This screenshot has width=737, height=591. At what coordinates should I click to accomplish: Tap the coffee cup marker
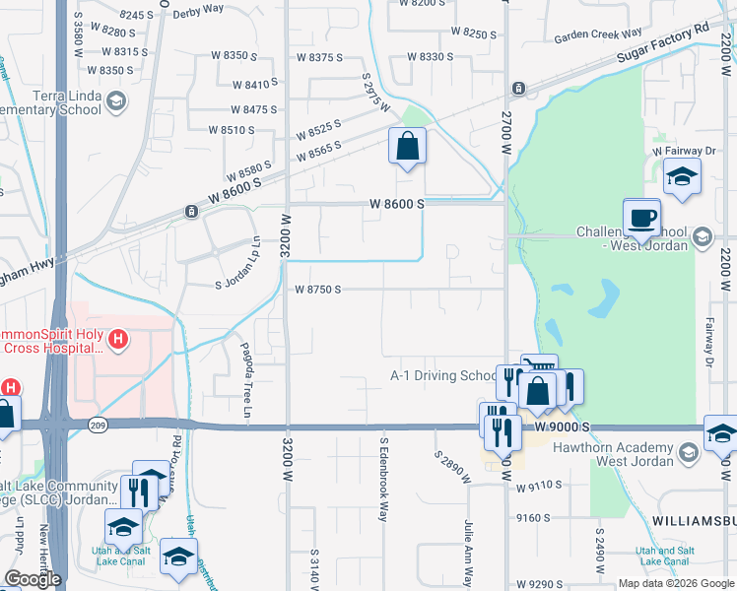tap(641, 217)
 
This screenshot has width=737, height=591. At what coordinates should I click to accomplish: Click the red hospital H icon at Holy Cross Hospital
tap(118, 341)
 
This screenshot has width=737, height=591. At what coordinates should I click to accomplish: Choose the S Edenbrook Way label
tap(383, 480)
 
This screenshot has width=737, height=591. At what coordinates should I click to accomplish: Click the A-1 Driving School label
tap(444, 375)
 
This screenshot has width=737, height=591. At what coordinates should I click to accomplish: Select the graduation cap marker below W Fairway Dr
tap(680, 177)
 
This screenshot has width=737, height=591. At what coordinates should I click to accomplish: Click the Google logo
tap(33, 579)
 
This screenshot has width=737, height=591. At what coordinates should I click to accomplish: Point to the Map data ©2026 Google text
tap(675, 583)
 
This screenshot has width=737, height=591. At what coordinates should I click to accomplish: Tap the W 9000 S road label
tap(563, 427)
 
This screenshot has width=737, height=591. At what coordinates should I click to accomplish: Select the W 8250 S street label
tap(474, 33)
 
